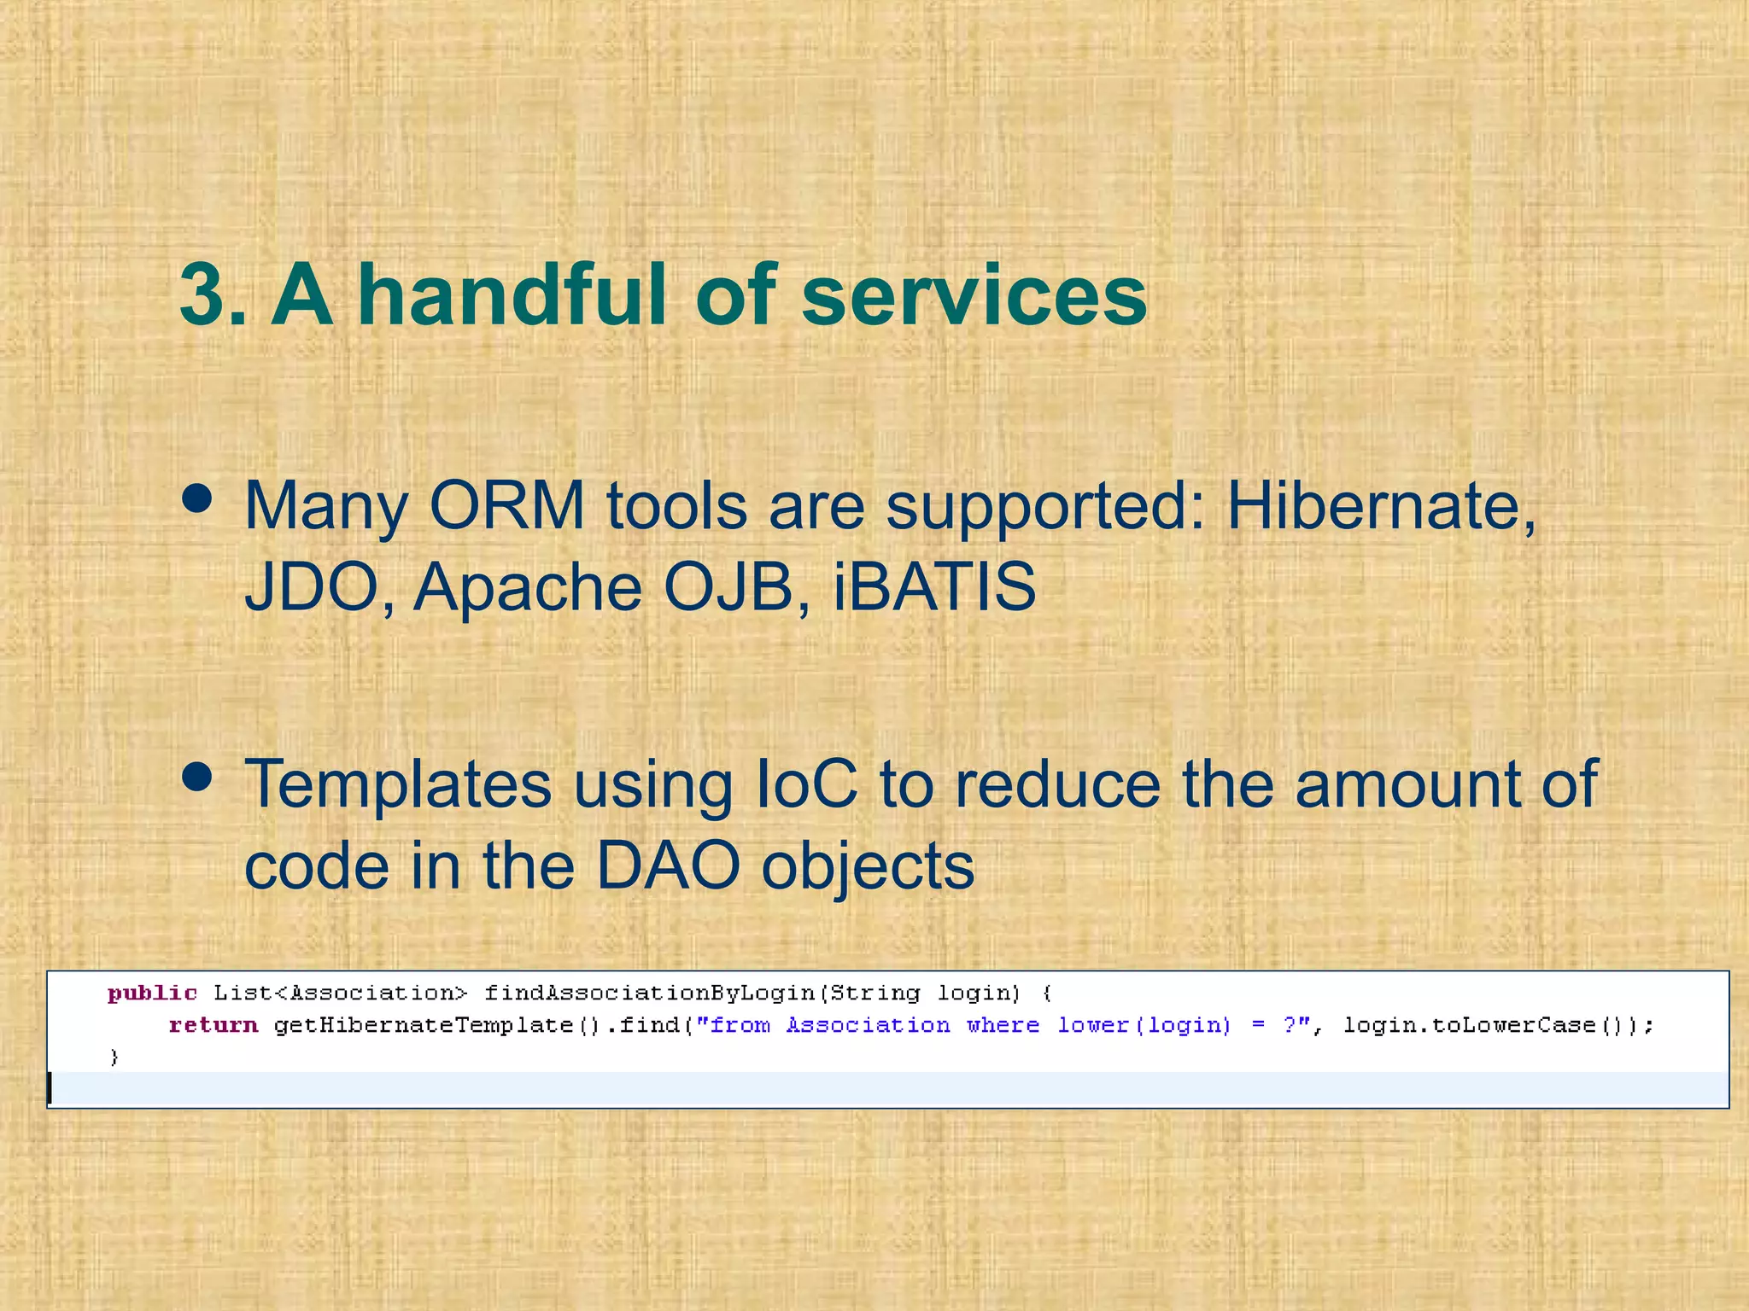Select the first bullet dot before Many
coord(197,500)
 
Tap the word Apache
coord(527,587)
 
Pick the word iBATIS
coord(933,587)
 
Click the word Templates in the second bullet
coord(398,784)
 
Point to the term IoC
coord(806,784)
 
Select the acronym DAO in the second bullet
coord(667,865)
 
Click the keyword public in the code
coord(152,993)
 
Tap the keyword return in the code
coord(213,1025)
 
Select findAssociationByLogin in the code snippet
coord(649,993)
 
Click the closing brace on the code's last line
coord(114,1058)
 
